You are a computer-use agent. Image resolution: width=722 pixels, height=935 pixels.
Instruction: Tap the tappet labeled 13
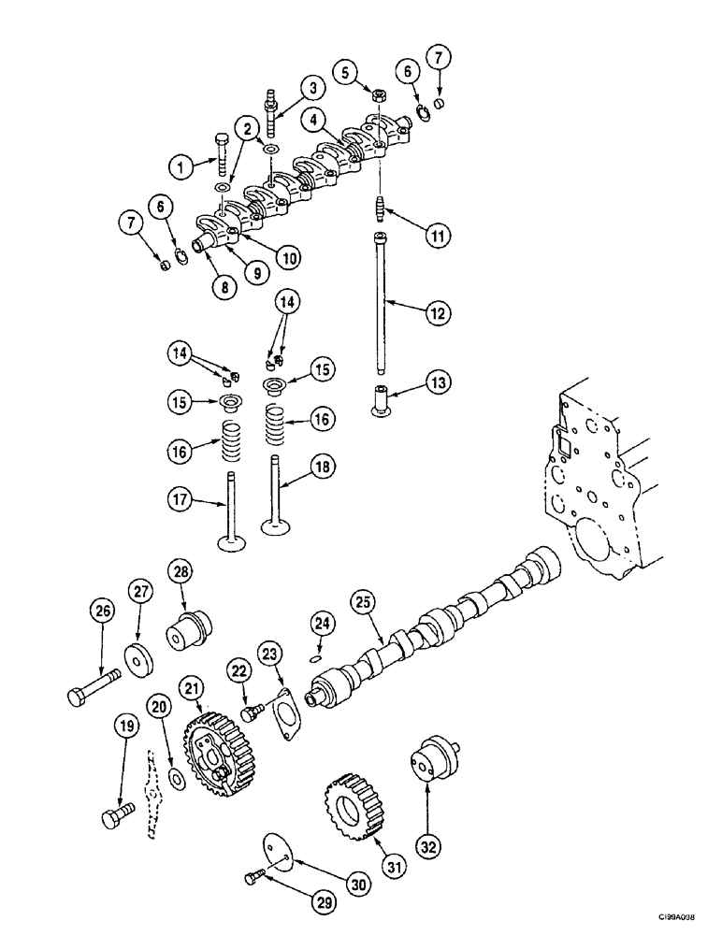[381, 399]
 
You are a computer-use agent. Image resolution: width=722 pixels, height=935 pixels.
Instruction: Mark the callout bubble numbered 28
[180, 571]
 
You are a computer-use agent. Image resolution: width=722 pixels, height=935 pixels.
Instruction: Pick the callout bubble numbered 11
[434, 235]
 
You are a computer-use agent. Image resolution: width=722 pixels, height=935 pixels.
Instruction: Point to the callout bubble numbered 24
[323, 622]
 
